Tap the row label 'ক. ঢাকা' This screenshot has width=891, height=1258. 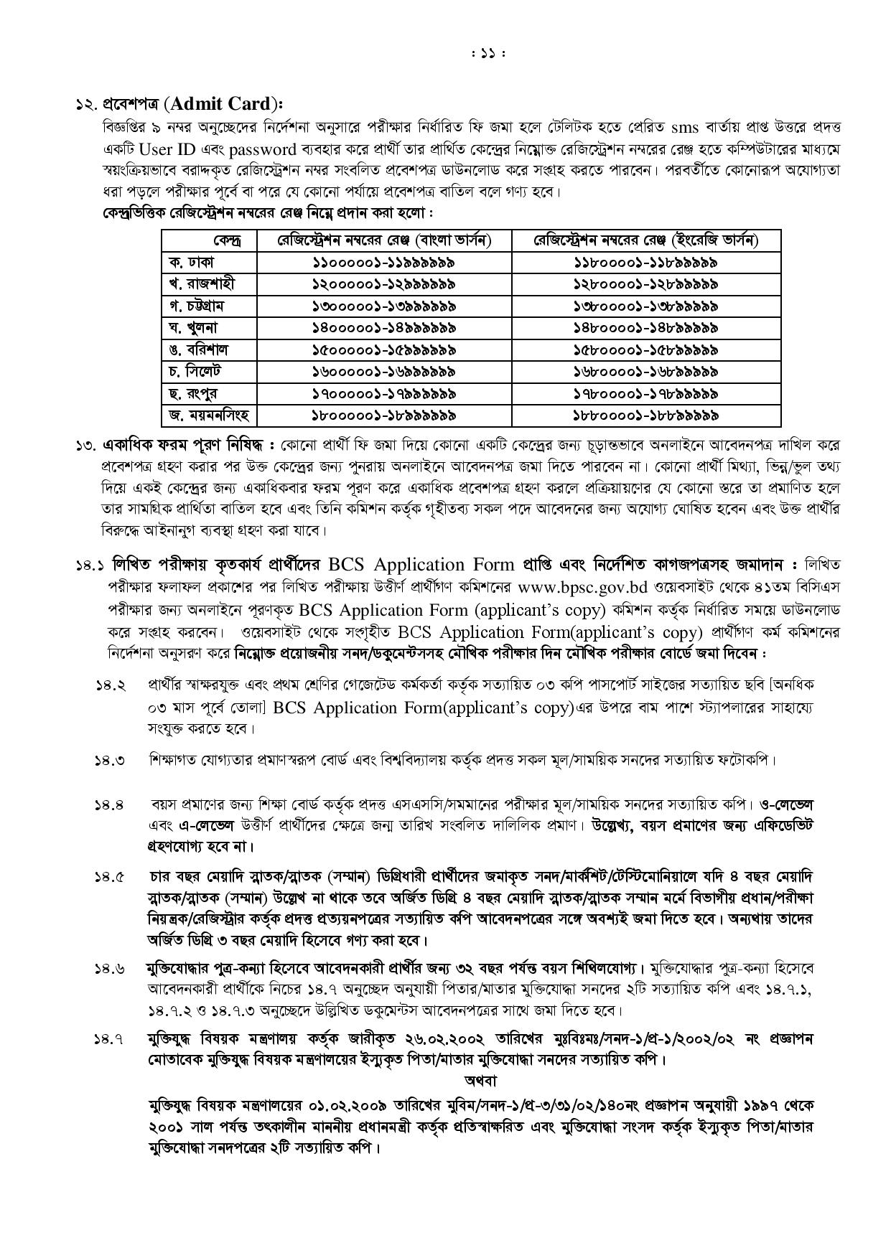pos(191,263)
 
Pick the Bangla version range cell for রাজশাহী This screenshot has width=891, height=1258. pos(383,284)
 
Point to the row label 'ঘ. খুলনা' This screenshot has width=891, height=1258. pos(193,328)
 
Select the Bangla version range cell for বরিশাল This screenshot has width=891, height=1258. pos(383,350)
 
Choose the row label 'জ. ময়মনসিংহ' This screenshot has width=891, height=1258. pos(208,416)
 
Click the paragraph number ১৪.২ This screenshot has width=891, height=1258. pos(111,685)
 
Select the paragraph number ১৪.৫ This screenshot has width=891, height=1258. pos(111,878)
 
